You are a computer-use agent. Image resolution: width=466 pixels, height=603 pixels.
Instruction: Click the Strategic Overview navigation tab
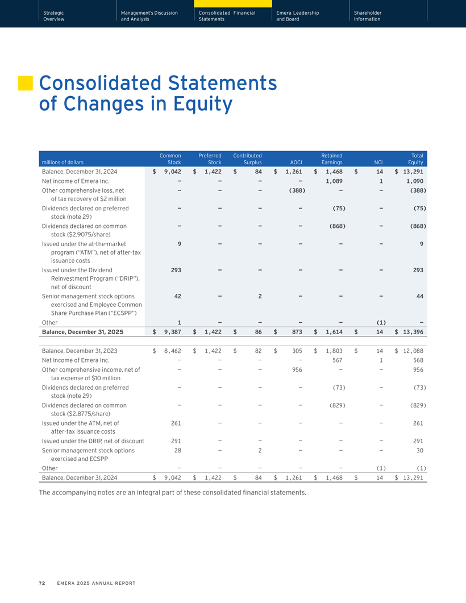54,16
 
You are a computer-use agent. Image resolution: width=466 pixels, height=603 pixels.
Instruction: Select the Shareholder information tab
368,16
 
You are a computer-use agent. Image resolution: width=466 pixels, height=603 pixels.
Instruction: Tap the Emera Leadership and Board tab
298,16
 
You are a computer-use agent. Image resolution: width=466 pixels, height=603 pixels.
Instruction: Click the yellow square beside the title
26,83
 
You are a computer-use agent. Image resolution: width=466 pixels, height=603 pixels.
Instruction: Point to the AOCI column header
296,163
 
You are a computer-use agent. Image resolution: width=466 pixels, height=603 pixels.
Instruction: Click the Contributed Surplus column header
247,159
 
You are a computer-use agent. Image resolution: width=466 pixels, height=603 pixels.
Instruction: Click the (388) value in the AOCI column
297,190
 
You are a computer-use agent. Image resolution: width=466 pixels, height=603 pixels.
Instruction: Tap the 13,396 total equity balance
413,332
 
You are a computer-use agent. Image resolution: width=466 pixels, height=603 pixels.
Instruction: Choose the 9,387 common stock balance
173,332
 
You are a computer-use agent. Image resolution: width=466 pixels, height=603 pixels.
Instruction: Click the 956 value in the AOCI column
297,370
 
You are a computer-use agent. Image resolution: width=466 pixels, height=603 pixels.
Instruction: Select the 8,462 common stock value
173,351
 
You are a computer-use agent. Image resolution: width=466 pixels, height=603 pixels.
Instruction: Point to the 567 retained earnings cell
337,360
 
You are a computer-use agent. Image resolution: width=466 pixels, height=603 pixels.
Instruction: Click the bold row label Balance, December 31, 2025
82,332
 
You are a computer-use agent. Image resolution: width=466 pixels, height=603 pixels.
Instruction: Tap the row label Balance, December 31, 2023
80,351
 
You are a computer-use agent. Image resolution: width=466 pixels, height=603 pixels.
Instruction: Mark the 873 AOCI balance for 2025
297,332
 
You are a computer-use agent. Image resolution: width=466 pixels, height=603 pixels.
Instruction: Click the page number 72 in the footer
42,583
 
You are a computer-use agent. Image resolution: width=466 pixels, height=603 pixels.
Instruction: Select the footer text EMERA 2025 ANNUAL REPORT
96,583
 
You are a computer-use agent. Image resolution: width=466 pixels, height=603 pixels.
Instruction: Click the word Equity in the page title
203,104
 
